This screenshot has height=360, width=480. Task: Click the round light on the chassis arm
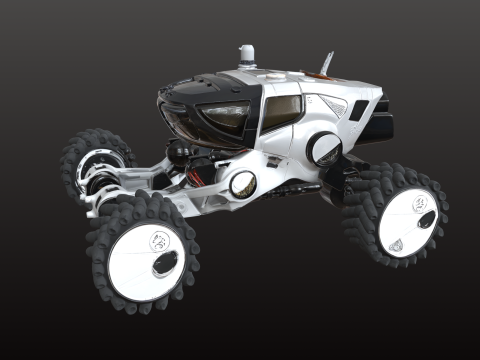[241, 183]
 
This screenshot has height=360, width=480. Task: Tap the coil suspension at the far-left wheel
[96, 177]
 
